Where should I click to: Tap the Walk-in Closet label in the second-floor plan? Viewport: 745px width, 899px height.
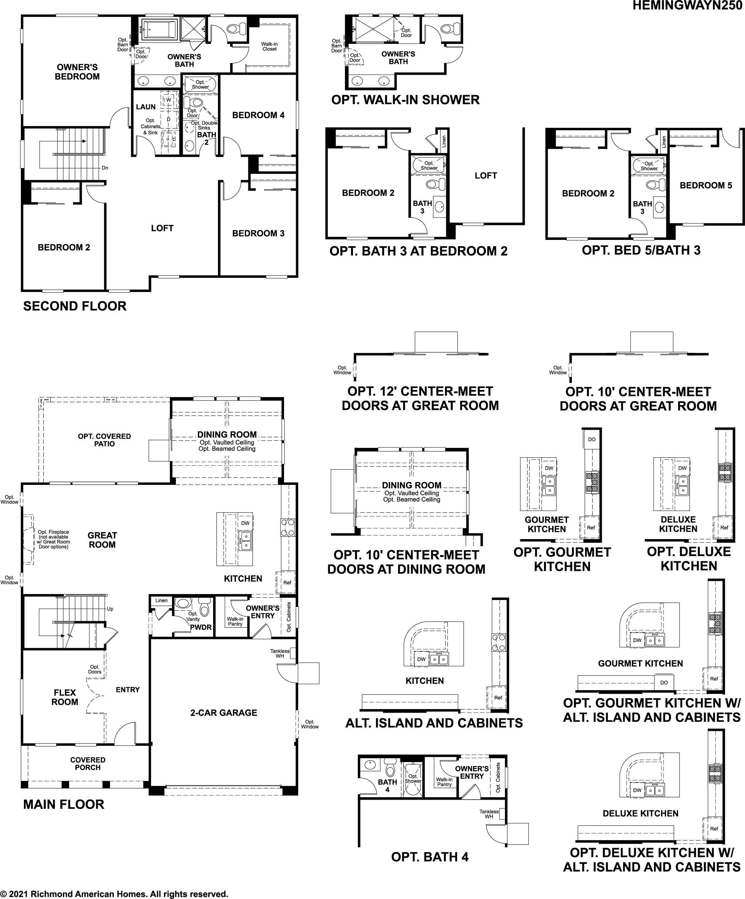(270, 47)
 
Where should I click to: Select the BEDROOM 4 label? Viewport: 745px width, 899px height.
(258, 115)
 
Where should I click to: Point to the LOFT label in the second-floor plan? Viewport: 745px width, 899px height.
(162, 228)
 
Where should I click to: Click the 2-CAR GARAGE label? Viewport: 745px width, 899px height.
(224, 713)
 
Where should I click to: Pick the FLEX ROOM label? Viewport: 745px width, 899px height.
(64, 697)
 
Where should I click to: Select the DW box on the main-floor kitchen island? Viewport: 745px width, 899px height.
(245, 523)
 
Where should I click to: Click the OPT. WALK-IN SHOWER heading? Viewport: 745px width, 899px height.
(405, 100)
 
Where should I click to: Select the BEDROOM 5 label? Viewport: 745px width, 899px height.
(706, 185)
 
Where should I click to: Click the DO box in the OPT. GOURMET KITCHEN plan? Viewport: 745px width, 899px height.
(592, 439)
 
